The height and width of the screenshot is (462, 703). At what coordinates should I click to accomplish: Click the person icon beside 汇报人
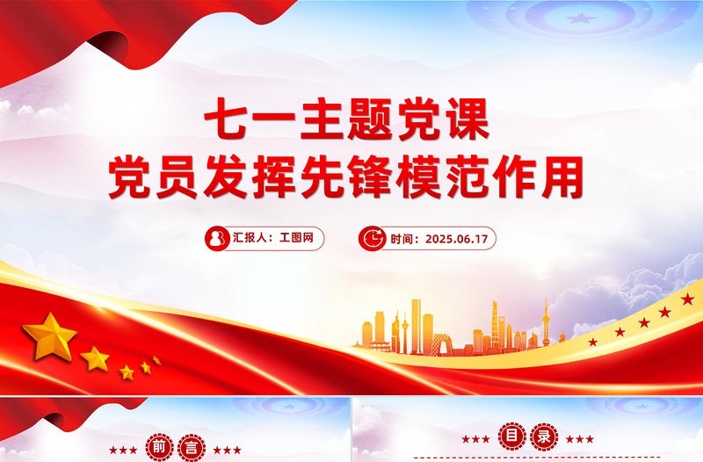(216, 237)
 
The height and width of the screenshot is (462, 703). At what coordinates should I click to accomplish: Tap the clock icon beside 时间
(373, 237)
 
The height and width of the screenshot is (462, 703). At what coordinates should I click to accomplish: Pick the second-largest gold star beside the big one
(95, 357)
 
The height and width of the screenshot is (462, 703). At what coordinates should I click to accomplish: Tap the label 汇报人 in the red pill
(253, 238)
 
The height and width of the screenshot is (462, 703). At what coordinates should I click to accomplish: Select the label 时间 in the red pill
(402, 238)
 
